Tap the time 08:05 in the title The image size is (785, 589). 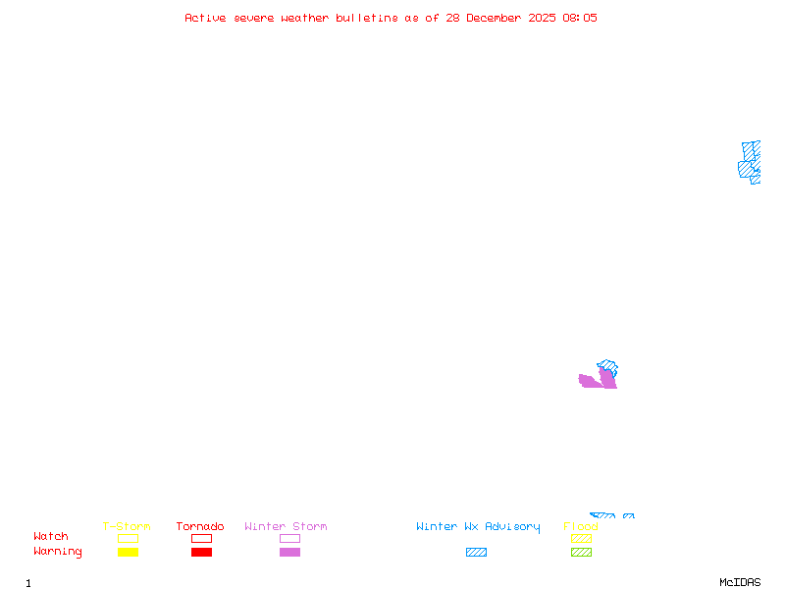tap(580, 18)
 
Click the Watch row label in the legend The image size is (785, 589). tap(51, 537)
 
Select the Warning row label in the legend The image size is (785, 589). tap(58, 552)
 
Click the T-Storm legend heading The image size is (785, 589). tap(127, 527)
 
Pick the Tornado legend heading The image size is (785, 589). tap(200, 527)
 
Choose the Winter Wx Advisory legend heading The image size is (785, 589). tap(478, 527)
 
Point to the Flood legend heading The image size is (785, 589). tap(581, 527)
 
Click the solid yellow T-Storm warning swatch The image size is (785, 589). tap(128, 553)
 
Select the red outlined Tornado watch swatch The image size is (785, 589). tap(201, 538)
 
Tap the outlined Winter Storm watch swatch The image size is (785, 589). tap(289, 538)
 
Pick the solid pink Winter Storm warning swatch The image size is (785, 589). tap(289, 553)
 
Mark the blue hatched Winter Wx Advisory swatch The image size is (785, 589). tap(476, 553)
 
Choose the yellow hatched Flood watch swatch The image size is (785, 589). tap(581, 538)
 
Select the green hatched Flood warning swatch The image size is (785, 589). tap(581, 553)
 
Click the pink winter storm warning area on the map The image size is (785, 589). tap(593, 381)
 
